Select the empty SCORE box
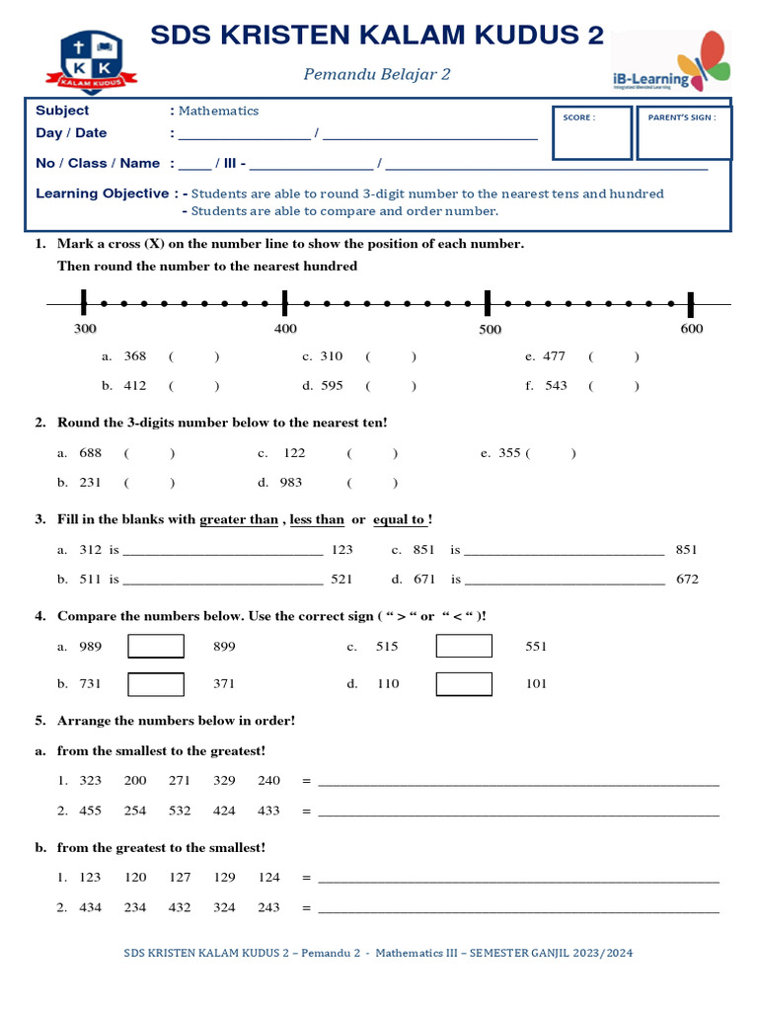(591, 133)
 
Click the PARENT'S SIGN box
(683, 133)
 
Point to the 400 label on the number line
(285, 329)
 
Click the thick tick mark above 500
(488, 303)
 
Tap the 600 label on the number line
(691, 329)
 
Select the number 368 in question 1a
(135, 356)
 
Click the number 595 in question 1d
(333, 386)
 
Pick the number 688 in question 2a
(91, 453)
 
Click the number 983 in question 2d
(291, 483)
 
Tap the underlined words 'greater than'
(239, 519)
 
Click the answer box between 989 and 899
(156, 647)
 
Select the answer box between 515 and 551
(464, 647)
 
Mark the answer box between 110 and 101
(464, 683)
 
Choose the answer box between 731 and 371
(156, 683)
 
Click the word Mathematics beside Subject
(218, 111)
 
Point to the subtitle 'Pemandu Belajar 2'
(376, 74)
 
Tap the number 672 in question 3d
(687, 580)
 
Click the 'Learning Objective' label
(102, 194)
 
